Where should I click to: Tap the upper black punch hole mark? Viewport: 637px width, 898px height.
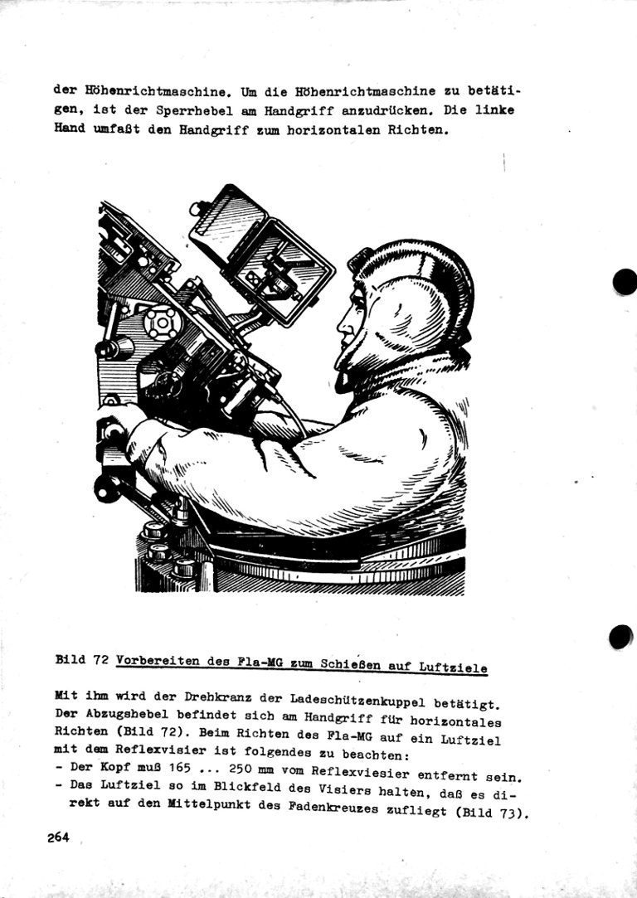tap(625, 282)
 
